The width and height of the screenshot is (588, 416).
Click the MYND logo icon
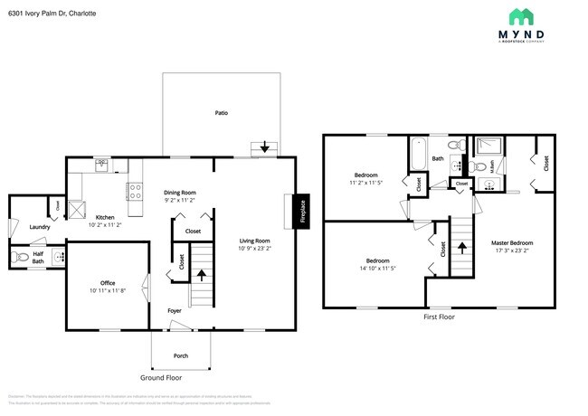pos(521,17)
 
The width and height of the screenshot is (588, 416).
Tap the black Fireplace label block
pos(303,210)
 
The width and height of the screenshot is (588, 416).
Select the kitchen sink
pos(101,165)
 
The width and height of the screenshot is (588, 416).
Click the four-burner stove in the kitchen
pos(135,192)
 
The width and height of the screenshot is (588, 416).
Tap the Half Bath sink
pos(57,257)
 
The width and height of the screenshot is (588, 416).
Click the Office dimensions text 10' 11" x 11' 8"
pos(108,291)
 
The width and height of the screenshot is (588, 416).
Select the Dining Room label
pos(179,192)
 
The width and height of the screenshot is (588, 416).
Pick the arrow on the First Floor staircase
pos(461,246)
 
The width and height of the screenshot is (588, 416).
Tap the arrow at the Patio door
pos(264,147)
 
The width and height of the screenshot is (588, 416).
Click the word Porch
pos(180,355)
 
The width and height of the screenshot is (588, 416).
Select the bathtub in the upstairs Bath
pos(417,154)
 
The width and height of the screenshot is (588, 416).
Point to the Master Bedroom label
pos(512,242)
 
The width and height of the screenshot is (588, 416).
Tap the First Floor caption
pos(439,317)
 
